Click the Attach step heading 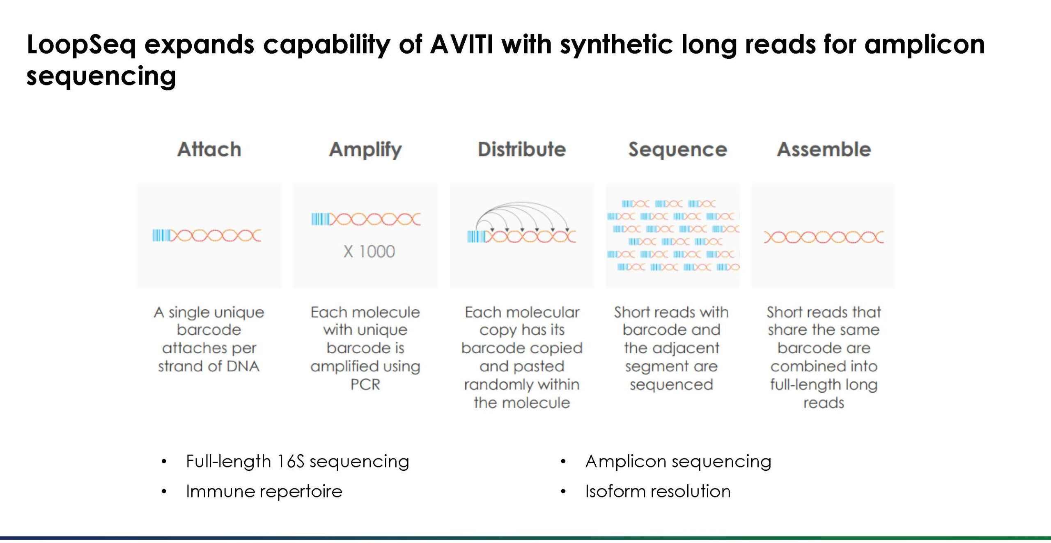pyautogui.click(x=209, y=149)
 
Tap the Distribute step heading pyautogui.click(x=522, y=149)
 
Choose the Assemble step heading pyautogui.click(x=824, y=149)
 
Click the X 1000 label pyautogui.click(x=369, y=251)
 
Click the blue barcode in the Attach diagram pyautogui.click(x=161, y=235)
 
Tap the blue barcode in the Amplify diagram pyautogui.click(x=320, y=219)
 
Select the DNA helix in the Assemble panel pyautogui.click(x=824, y=237)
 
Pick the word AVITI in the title pyautogui.click(x=462, y=44)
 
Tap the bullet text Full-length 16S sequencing pyautogui.click(x=298, y=461)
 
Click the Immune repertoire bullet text pyautogui.click(x=264, y=491)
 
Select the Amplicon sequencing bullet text pyautogui.click(x=678, y=461)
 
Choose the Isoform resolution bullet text pyautogui.click(x=658, y=491)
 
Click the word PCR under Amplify pyautogui.click(x=365, y=384)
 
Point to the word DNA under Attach pyautogui.click(x=243, y=366)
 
